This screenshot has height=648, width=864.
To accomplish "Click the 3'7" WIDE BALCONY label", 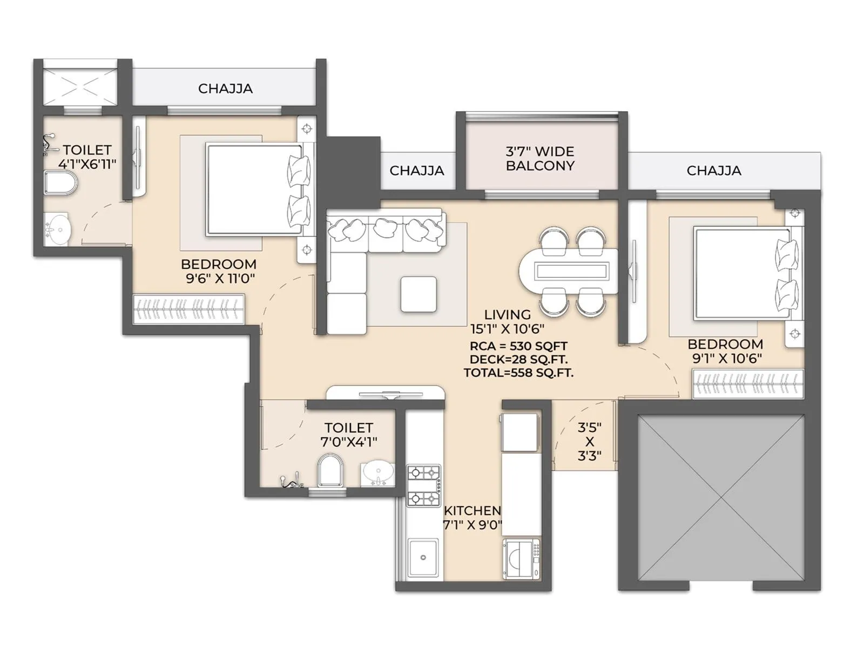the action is (x=539, y=159).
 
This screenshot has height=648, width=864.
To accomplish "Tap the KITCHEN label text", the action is (x=473, y=511).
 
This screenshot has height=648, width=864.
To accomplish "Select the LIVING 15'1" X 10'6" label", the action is (x=508, y=321).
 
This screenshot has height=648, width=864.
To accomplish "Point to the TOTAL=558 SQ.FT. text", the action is (x=518, y=373).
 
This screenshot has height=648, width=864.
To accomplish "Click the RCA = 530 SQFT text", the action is (x=518, y=346).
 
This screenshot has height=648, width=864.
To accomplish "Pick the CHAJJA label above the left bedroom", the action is (x=225, y=89).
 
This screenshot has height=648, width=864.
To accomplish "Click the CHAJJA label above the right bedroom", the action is (x=714, y=170).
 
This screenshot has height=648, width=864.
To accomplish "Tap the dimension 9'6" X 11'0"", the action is (x=220, y=279).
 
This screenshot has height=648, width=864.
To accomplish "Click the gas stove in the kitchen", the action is (x=423, y=485).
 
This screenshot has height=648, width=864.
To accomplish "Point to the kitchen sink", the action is (x=423, y=557).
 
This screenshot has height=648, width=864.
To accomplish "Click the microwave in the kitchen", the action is (x=521, y=558).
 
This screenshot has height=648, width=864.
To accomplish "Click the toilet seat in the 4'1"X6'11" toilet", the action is (x=60, y=183).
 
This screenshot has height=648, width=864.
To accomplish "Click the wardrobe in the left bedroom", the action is (x=188, y=309).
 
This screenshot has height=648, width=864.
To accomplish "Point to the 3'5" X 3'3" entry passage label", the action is (x=589, y=441).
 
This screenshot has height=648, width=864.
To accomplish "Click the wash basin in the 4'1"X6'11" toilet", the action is (x=58, y=227).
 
